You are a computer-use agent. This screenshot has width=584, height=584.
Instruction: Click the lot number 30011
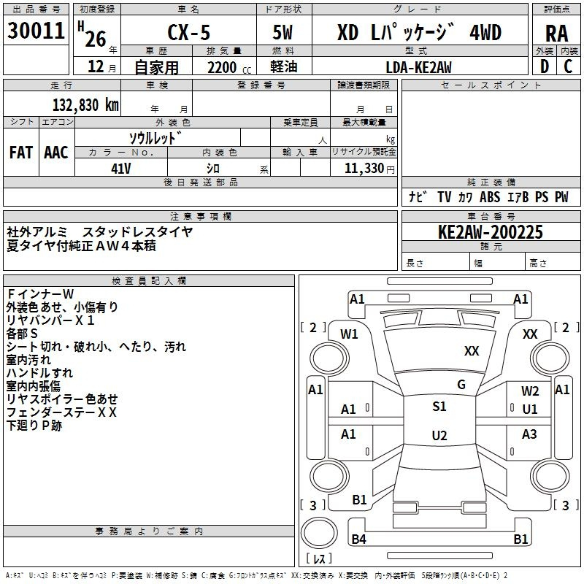(36, 32)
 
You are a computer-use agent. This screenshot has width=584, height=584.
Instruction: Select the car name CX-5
(188, 34)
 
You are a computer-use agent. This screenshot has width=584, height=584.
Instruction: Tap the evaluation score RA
(556, 34)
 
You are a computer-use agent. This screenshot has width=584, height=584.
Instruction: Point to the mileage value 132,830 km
(86, 104)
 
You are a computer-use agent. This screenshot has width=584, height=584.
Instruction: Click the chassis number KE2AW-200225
(491, 233)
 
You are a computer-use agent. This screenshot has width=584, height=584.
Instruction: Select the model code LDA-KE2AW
(418, 67)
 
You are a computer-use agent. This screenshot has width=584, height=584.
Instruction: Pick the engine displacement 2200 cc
(223, 67)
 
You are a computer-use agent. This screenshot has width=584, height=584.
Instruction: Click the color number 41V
(120, 168)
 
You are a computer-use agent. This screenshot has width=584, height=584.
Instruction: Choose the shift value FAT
(21, 153)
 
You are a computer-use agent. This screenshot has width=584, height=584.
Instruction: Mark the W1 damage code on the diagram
(349, 334)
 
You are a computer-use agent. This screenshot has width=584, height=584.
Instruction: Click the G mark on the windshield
(461, 385)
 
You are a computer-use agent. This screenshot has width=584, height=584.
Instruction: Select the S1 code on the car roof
(439, 407)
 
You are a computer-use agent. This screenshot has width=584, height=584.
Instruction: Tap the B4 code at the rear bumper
(358, 539)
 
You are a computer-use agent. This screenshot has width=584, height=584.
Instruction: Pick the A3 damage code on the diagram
(529, 434)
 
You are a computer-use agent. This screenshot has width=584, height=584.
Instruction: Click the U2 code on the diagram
(439, 436)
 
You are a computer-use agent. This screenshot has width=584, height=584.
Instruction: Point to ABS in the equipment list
(490, 197)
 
